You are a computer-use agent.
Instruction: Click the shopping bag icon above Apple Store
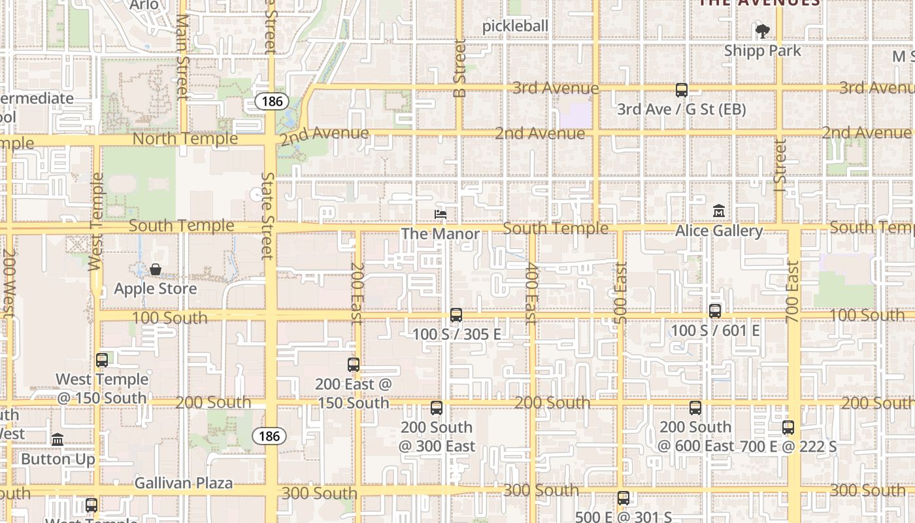tap(156, 269)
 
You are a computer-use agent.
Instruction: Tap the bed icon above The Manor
tap(441, 214)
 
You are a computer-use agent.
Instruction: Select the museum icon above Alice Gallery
tap(719, 211)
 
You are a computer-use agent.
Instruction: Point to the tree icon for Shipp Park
tap(762, 31)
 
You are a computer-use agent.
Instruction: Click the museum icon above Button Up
tap(58, 439)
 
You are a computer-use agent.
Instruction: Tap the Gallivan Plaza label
tap(184, 483)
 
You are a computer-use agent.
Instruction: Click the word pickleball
tap(515, 26)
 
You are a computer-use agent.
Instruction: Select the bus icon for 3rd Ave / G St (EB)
tap(682, 90)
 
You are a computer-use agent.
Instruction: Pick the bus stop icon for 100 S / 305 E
tap(456, 315)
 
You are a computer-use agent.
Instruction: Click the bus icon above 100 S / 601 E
tap(715, 311)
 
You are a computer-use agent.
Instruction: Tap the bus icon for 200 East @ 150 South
tap(354, 365)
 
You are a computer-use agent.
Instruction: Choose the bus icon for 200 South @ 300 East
tap(437, 408)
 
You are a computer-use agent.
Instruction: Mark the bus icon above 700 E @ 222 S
tap(788, 428)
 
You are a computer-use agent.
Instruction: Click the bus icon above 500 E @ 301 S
tap(624, 498)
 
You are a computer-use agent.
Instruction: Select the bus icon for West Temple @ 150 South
tap(102, 360)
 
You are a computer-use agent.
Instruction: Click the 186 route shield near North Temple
tap(269, 101)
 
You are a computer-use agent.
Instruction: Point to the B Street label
tap(460, 69)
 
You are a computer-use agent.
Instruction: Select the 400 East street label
tap(531, 293)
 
